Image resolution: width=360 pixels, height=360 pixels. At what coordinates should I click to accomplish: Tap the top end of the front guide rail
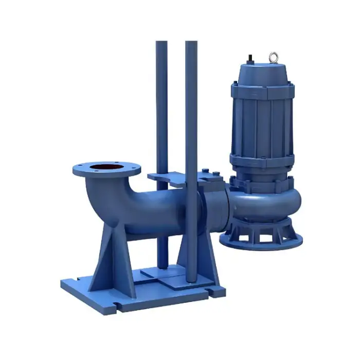tap(191, 44)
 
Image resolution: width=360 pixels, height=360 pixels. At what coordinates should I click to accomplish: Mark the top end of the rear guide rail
tap(161, 44)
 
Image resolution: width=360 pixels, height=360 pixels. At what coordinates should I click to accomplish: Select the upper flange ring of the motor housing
tap(262, 93)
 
